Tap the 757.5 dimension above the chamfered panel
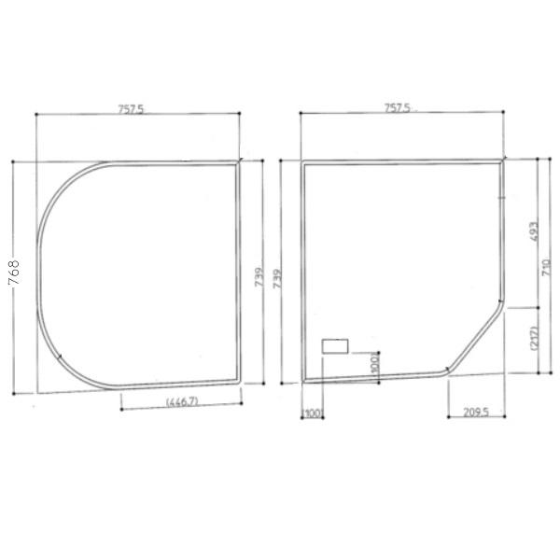[398, 108]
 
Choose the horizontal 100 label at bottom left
[311, 413]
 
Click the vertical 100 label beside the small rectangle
[374, 361]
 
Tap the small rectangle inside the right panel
[335, 346]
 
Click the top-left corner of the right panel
[304, 162]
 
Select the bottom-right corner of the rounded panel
[238, 380]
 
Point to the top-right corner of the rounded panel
[238, 161]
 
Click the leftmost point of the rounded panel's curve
[35, 271]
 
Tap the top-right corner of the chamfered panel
[503, 161]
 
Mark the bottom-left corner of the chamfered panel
[304, 381]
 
